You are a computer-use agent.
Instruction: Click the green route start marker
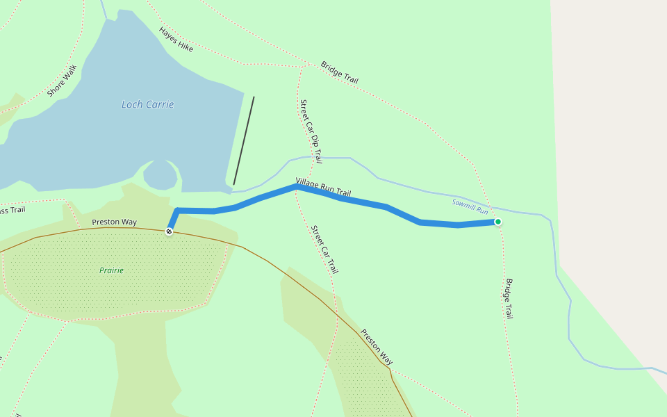(x=497, y=222)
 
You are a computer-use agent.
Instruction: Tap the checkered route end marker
(x=169, y=231)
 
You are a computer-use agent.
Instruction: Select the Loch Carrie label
(x=147, y=105)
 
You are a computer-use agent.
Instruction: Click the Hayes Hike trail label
(x=176, y=40)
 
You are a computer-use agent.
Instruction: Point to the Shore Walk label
(x=62, y=81)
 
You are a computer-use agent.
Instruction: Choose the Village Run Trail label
(x=323, y=188)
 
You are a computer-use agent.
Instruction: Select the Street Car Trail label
(x=324, y=249)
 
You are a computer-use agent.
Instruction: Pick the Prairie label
(x=111, y=270)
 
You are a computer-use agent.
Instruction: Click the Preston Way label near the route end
(x=114, y=222)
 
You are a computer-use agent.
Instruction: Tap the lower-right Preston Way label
(x=376, y=347)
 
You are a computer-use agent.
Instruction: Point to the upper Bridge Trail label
(x=339, y=72)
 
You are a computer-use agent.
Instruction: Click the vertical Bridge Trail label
(x=509, y=298)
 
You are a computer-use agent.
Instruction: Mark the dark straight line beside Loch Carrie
(x=244, y=141)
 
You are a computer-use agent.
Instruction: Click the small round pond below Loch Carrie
(x=160, y=174)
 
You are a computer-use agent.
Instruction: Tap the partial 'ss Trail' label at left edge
(x=13, y=210)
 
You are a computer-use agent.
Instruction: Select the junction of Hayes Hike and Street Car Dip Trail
(x=302, y=67)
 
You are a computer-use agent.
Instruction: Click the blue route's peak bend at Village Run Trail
(x=297, y=187)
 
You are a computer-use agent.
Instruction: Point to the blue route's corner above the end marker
(x=177, y=210)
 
